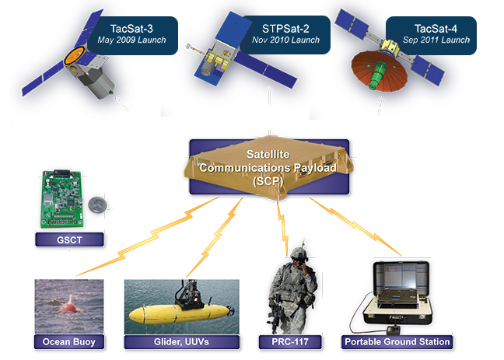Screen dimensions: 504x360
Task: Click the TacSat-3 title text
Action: coord(131,29)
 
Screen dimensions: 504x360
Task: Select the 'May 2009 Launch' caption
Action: coord(131,40)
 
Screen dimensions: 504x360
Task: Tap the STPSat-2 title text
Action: coord(285,29)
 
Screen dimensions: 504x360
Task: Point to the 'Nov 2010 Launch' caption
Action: coord(285,40)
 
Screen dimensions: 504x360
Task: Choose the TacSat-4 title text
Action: coord(436,29)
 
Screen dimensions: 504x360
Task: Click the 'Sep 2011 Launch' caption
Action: coord(436,40)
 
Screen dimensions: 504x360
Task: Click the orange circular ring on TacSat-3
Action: coord(75,55)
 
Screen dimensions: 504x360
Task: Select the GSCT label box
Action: coord(69,239)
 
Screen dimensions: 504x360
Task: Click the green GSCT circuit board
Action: coord(62,198)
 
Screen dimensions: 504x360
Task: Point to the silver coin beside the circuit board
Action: coord(97,204)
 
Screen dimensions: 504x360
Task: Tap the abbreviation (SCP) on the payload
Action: coord(268,181)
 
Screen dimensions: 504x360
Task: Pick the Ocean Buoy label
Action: coord(69,341)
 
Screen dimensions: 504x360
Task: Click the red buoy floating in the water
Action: coord(68,305)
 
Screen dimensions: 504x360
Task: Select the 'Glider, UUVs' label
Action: coord(181,341)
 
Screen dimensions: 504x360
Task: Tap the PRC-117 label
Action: coord(290,341)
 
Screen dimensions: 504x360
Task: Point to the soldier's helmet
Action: coord(299,253)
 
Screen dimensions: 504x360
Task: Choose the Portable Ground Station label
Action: coord(397,341)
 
